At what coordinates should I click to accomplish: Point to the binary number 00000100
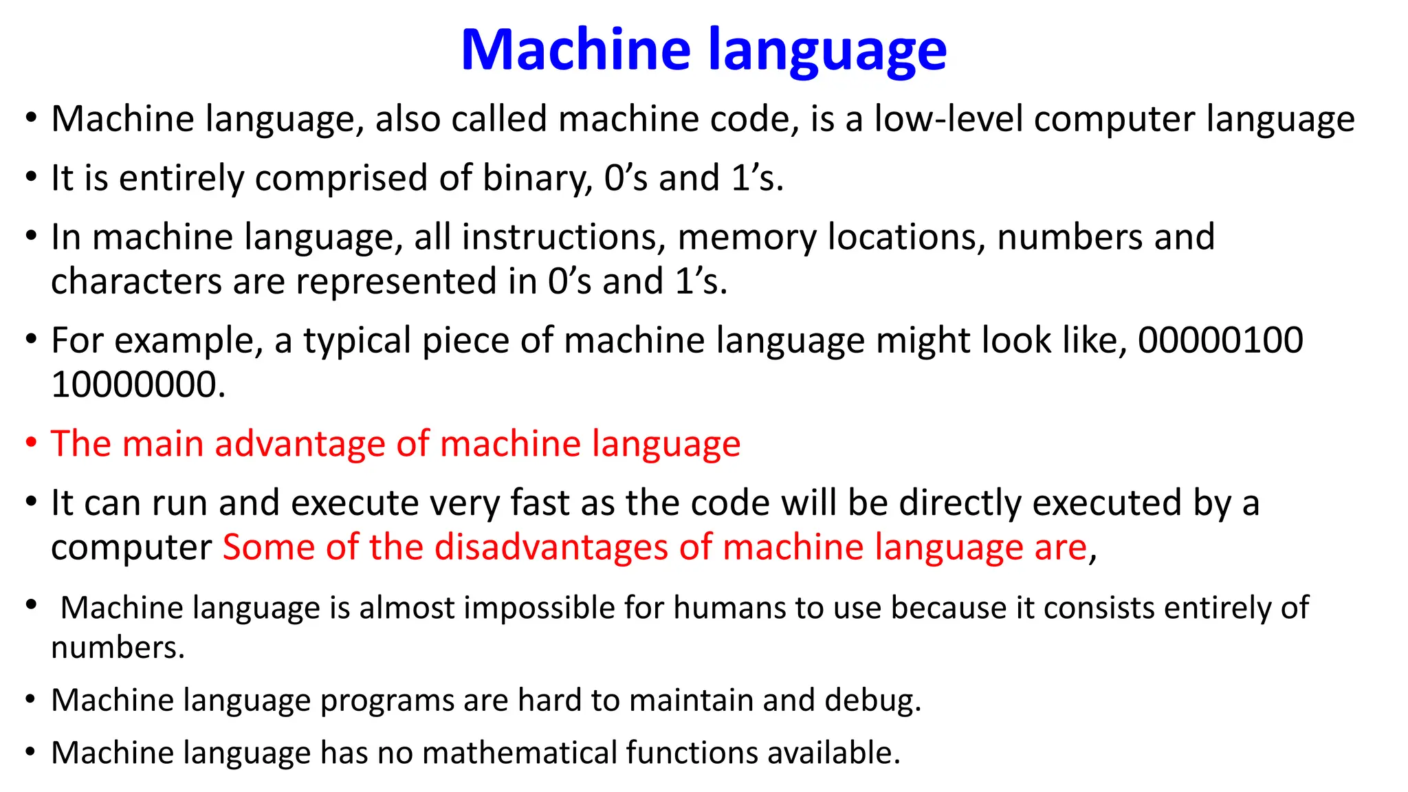[1220, 340]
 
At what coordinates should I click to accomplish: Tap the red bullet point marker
[31, 443]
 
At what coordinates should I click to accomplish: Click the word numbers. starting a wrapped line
[118, 648]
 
